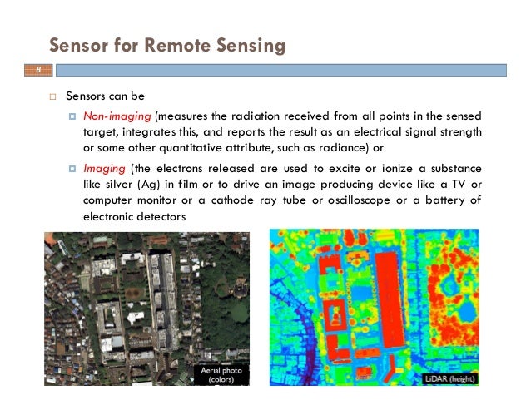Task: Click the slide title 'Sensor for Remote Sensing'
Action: pyautogui.click(x=166, y=44)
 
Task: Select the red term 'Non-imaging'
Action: pyautogui.click(x=111, y=115)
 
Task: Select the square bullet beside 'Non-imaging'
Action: pyautogui.click(x=72, y=115)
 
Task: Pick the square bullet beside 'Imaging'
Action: pyautogui.click(x=72, y=168)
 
